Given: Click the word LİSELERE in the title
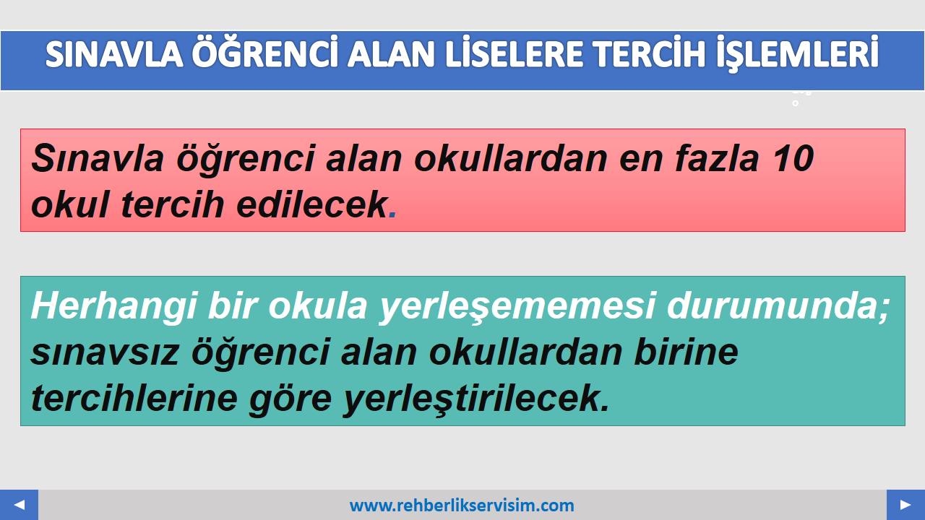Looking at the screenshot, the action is tap(514, 54).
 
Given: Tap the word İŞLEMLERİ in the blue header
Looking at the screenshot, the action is tap(797, 54).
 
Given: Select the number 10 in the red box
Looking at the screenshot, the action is tap(793, 157).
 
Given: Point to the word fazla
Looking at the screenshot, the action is tap(717, 157).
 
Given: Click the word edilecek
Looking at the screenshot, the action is tap(311, 204).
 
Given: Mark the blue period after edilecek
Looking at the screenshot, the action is tap(392, 214).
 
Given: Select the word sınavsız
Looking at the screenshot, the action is tap(105, 353).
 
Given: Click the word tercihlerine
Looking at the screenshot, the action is tap(134, 398).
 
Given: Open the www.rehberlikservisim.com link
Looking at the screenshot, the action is tap(462, 506).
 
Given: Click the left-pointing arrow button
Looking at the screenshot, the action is tap(19, 505).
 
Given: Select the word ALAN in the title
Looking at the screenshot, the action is tap(390, 54).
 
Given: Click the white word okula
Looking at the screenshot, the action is tap(317, 306).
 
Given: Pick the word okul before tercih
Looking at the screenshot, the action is tap(69, 204).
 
